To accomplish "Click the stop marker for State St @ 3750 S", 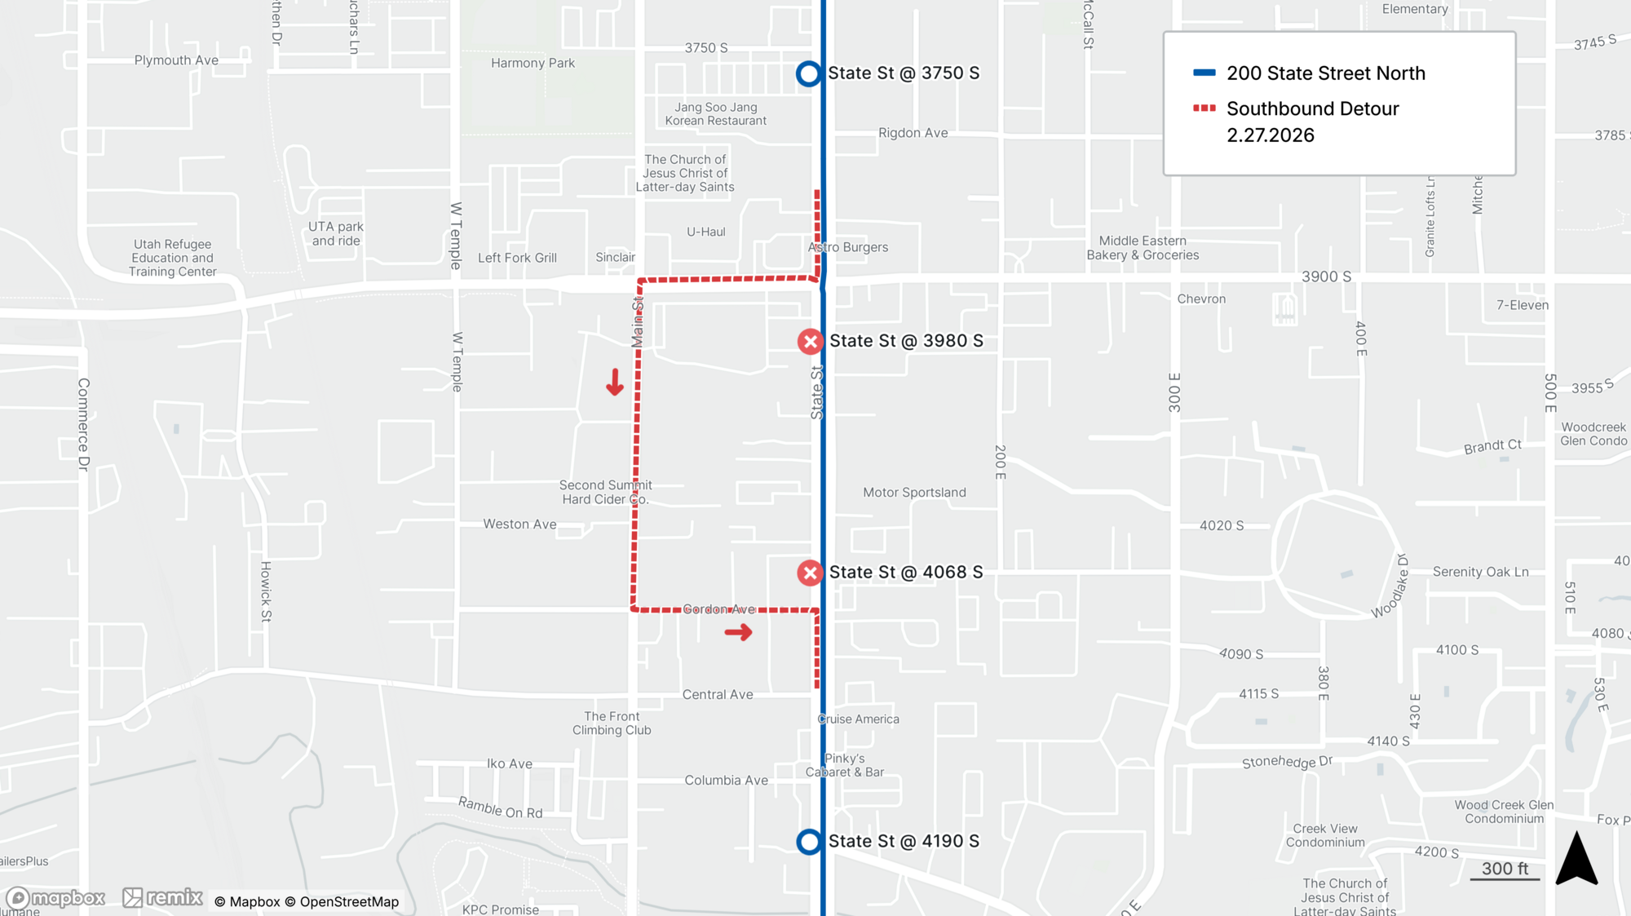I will (808, 73).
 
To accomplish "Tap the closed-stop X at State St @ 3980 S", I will (810, 341).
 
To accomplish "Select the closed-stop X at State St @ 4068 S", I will (810, 573).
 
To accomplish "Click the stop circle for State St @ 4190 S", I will (808, 842).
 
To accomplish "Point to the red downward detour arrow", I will (615, 382).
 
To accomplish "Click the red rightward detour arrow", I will (739, 632).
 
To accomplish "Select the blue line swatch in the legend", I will (1204, 73).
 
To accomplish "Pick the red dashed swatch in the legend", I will (1204, 108).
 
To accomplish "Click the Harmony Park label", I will (533, 63).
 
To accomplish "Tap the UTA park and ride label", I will (336, 233).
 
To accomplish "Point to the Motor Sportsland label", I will (914, 493).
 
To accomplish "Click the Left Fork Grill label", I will (517, 258).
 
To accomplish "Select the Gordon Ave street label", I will (718, 609).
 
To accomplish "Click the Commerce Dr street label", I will (83, 424).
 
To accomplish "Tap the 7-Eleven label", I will (1522, 305).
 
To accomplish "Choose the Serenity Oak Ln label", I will (1480, 572).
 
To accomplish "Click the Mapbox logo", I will (55, 898).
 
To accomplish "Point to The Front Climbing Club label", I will (612, 724).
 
